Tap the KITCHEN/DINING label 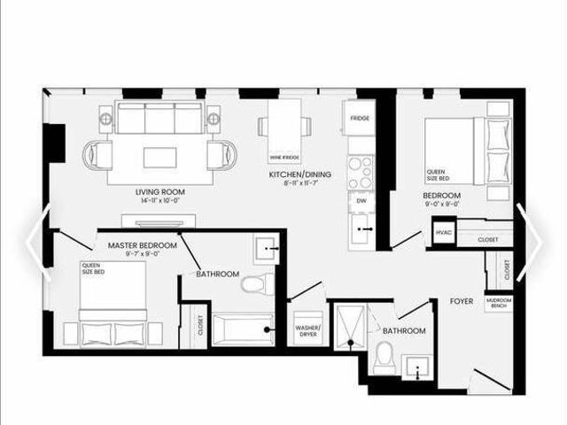click(300, 175)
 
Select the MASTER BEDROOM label click(142, 245)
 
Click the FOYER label click(461, 302)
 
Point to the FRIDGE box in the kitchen click(359, 118)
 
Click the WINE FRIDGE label click(282, 158)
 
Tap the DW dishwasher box click(361, 201)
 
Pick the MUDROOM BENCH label click(498, 303)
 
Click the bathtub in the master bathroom click(244, 328)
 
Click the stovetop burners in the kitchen click(360, 171)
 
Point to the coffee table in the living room click(159, 157)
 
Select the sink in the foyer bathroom click(416, 367)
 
